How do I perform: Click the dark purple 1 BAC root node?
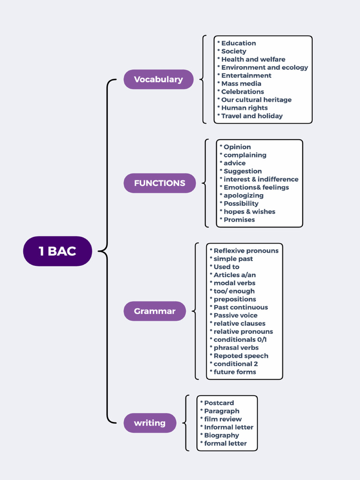tap(57, 251)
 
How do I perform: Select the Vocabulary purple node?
tap(158, 79)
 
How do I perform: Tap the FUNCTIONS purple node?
tap(159, 183)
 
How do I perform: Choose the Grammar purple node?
tap(155, 311)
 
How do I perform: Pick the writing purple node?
tap(150, 423)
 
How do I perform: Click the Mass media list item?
tap(241, 83)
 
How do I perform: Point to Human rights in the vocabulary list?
tap(244, 108)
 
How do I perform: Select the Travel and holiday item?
tap(252, 116)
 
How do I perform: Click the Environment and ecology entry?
tap(264, 67)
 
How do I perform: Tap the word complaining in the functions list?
tap(245, 155)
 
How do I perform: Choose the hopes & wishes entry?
tap(249, 211)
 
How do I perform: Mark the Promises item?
tap(239, 219)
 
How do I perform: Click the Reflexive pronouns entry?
tap(246, 251)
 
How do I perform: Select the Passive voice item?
tap(235, 315)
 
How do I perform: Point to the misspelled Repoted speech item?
tap(241, 356)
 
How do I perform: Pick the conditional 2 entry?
tap(236, 364)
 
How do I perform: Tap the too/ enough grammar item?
tap(234, 291)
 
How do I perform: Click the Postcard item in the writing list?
tap(219, 403)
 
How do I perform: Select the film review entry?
tap(223, 419)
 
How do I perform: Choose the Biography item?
tap(221, 435)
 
